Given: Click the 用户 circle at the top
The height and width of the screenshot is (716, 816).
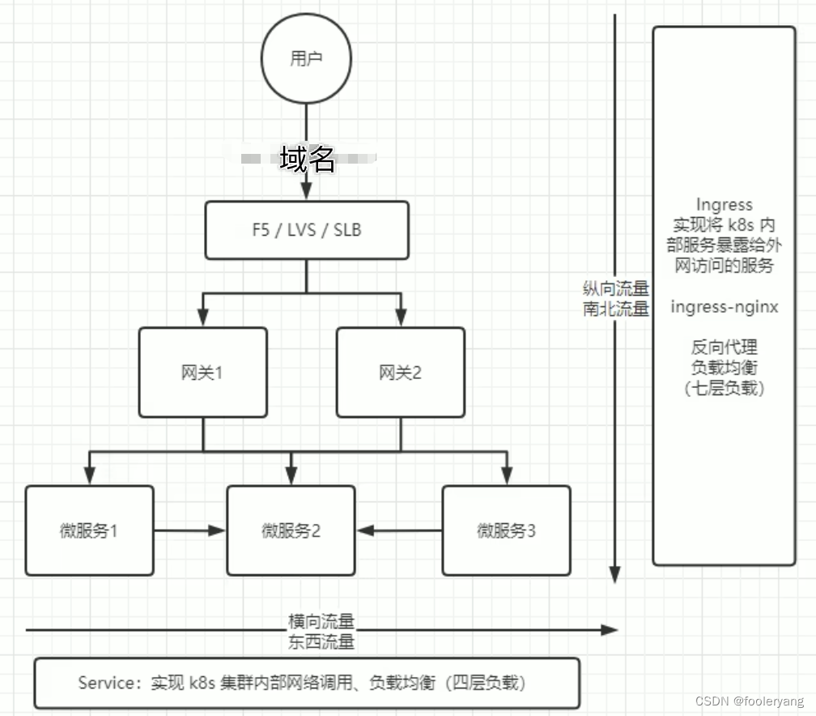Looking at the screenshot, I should [306, 59].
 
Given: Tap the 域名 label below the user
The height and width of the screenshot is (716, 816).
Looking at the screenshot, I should [308, 160].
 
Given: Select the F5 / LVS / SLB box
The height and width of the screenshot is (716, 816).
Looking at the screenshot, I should [307, 230].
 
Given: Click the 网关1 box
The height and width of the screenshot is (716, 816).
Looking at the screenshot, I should [202, 373].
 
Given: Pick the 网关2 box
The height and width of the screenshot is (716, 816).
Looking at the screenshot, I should [401, 373].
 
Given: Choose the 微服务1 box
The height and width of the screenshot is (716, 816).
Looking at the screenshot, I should [89, 531].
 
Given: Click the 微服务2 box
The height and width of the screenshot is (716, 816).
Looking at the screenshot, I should [291, 531].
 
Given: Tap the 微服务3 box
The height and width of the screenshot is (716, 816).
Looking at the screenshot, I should [506, 531].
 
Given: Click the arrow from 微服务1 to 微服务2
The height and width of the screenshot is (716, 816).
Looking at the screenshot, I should [189, 531].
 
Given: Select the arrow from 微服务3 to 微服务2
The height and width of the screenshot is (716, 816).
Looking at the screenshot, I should [400, 531].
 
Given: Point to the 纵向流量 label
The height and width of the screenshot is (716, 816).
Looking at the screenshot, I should [616, 289].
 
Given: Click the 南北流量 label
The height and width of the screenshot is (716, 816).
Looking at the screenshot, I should [616, 309].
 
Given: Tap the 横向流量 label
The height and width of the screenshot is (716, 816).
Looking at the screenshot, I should [321, 622].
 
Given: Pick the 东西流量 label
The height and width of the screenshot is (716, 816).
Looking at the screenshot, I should [321, 642].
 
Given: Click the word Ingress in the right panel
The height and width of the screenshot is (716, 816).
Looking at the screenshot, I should [724, 205].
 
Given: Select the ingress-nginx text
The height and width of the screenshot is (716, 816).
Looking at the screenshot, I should [724, 307].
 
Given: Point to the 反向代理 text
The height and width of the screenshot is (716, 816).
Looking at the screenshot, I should [724, 347].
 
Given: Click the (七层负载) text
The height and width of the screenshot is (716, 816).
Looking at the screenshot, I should [724, 388].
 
